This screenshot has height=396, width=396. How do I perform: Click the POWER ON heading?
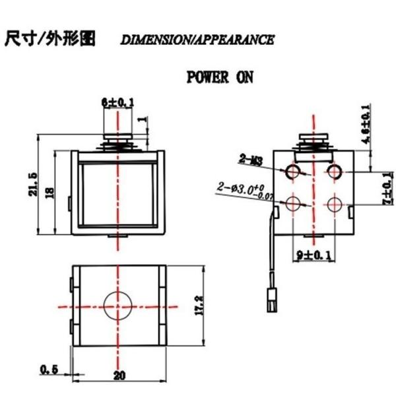pyautogui.click(x=219, y=77)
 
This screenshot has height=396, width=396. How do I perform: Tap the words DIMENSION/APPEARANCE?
pyautogui.click(x=197, y=40)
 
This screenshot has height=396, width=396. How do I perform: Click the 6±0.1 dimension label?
pyautogui.click(x=117, y=102)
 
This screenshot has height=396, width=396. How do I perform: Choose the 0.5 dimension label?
pyautogui.click(x=48, y=370)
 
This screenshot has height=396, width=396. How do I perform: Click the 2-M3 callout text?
pyautogui.click(x=251, y=158)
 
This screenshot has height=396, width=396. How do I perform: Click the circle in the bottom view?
pyautogui.click(x=117, y=306)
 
